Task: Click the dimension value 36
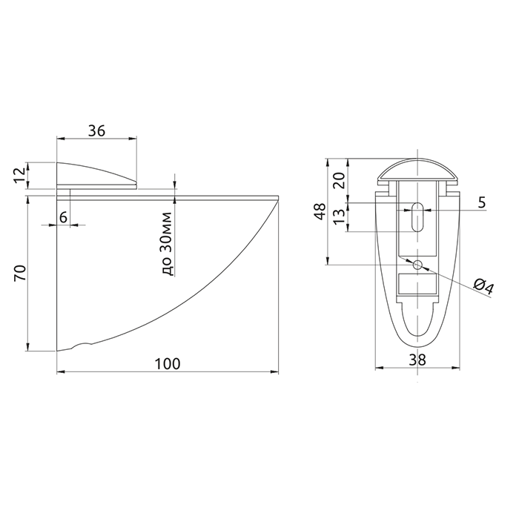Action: pos(96,130)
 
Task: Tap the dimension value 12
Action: pos(20,176)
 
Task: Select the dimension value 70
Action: pos(20,273)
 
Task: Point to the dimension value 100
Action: pos(168,364)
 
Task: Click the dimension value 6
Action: pos(63,217)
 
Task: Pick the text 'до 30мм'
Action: pos(168,244)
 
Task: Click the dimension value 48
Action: pos(320,211)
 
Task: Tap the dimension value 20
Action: pos(339,180)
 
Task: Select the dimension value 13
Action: pos(340,216)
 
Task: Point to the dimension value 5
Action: pos(482,202)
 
